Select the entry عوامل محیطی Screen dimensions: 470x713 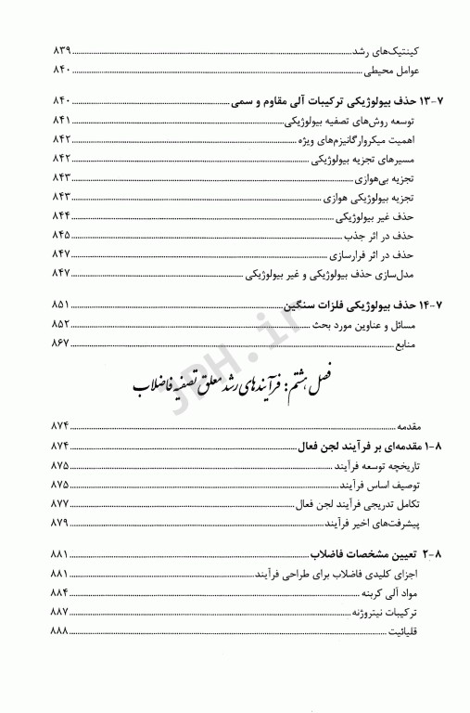[x=393, y=69]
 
